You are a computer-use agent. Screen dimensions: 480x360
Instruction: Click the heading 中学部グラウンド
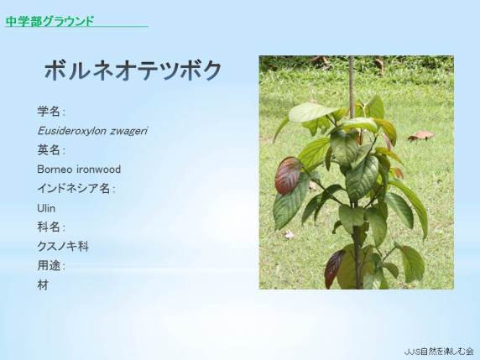pos(50,21)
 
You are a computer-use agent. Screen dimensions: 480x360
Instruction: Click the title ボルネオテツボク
pos(133,70)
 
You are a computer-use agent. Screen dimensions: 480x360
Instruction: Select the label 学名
pos(49,111)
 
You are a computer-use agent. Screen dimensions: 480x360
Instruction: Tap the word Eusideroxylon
pos(72,131)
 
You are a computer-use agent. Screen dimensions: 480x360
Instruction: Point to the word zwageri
pos(129,131)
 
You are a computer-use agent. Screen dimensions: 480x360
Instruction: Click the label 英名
pos(49,150)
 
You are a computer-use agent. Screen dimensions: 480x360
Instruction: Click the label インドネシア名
pos(74,189)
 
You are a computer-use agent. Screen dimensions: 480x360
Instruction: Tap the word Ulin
pos(46,208)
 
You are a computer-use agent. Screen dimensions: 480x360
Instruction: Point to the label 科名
pos(49,227)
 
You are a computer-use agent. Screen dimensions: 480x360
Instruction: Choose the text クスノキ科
pos(63,247)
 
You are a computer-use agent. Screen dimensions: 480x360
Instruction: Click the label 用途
pos(49,266)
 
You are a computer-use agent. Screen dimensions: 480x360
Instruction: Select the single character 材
pos(43,285)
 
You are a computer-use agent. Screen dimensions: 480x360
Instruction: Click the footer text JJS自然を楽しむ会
pos(439,352)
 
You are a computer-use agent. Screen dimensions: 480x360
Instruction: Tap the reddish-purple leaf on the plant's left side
pos(288,176)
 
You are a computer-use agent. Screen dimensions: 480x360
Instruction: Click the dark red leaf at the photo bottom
pos(334,269)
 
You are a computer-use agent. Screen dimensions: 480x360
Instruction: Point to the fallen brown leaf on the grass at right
pos(421,136)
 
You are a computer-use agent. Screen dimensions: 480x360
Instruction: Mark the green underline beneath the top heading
pos(77,27)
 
